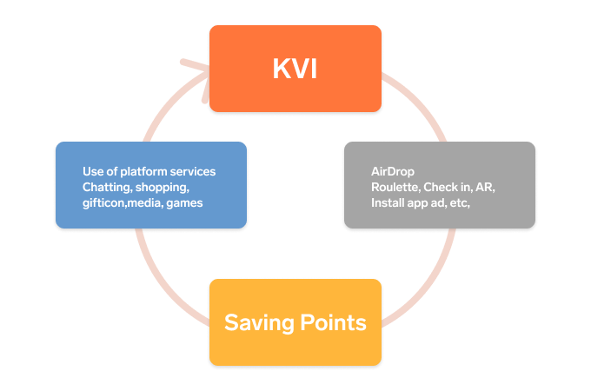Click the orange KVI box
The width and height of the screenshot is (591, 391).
tap(295, 69)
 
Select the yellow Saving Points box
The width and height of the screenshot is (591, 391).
tap(295, 321)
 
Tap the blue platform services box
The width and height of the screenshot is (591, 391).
tap(150, 185)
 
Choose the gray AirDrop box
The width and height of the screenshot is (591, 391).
tap(439, 185)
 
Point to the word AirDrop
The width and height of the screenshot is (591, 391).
tap(392, 171)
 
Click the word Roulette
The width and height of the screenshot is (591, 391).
tap(395, 187)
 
